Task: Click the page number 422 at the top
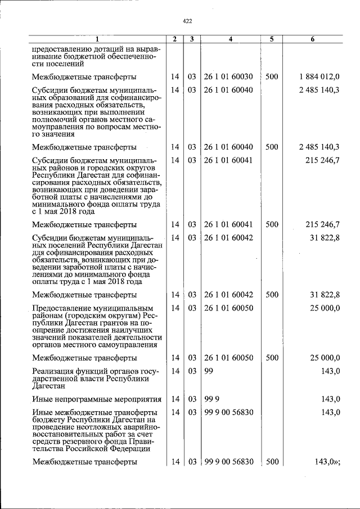click(x=188, y=21)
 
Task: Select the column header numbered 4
click(x=231, y=39)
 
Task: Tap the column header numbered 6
click(x=312, y=39)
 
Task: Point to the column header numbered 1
click(x=97, y=39)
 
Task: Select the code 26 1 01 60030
click(x=228, y=76)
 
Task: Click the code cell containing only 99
click(x=209, y=370)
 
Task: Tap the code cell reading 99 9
click(x=211, y=399)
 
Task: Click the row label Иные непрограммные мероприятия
click(x=96, y=399)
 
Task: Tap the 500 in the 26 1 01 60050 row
click(x=271, y=357)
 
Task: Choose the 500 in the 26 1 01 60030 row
click(x=271, y=76)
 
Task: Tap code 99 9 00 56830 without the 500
click(x=228, y=412)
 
